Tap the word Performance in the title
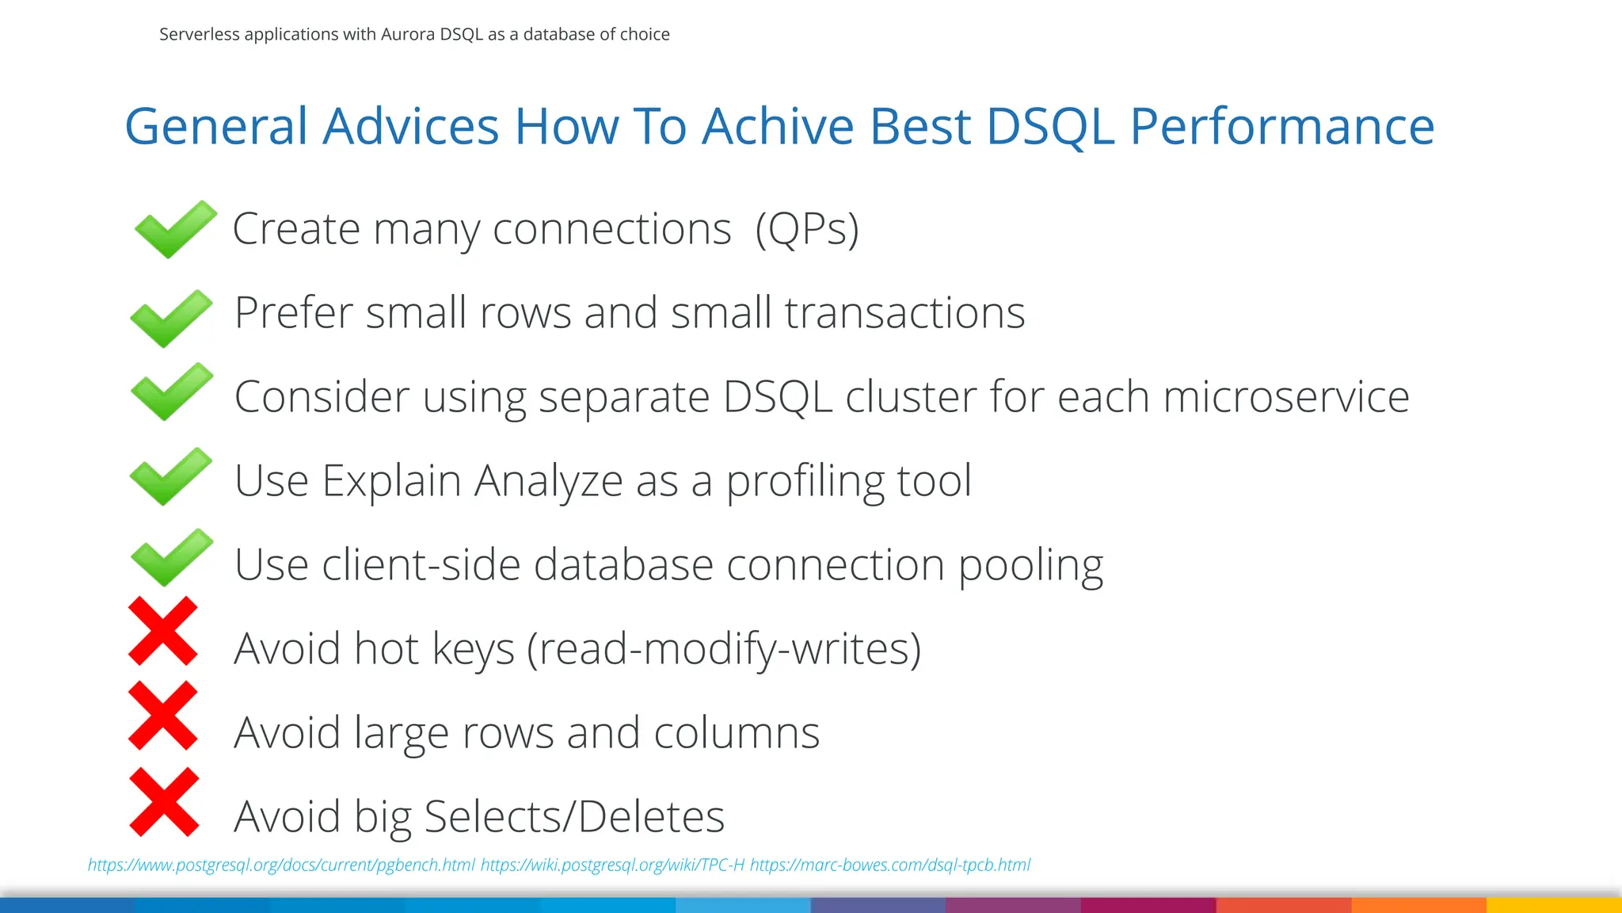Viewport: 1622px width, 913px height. coord(1281,126)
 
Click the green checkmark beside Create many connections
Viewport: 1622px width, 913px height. coord(175,230)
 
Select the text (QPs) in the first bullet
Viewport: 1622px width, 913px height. coord(806,230)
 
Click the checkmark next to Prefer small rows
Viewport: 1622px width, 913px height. coord(171,318)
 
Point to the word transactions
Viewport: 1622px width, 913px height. coord(904,312)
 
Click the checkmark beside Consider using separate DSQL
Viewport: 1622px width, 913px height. coord(172,392)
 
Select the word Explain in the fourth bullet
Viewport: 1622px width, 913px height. coord(391,480)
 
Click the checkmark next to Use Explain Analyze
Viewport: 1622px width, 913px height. coord(171,476)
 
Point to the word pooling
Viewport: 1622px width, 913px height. coord(1030,565)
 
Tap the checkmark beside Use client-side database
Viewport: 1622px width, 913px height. coord(172,558)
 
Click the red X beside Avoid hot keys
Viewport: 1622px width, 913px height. coord(163,631)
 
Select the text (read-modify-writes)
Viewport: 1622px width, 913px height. coord(724,649)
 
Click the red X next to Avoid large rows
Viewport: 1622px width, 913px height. coord(163,715)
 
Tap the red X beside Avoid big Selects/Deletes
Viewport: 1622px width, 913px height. coord(164,801)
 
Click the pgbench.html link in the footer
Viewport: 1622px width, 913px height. coord(281,865)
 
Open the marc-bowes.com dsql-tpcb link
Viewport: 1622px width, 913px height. coord(890,865)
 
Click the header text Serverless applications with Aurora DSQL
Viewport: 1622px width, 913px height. coord(414,34)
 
